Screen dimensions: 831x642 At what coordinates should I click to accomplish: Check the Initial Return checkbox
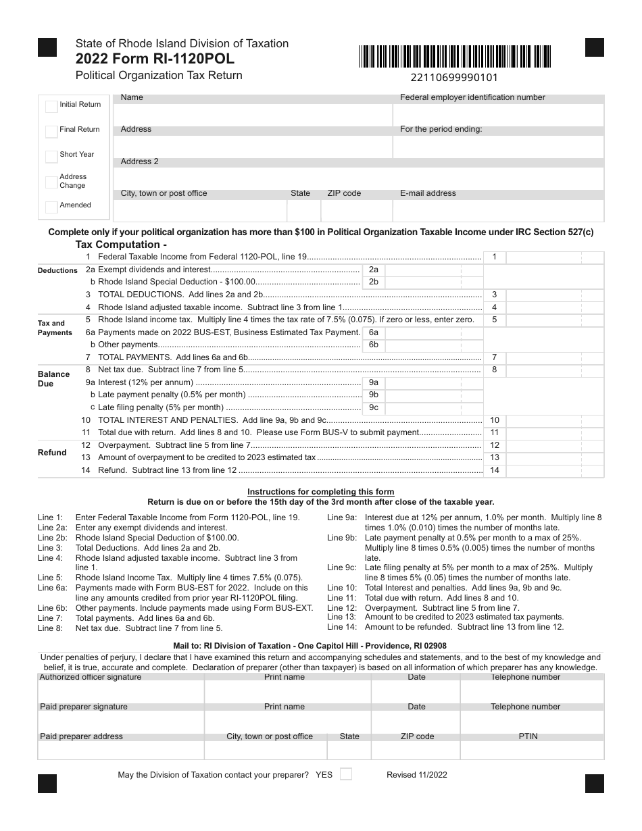coord(51,106)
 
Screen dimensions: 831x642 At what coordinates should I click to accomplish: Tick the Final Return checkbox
coord(51,131)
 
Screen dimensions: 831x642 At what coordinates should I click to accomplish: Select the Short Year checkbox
coord(51,156)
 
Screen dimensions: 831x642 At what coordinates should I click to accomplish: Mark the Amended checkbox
coord(51,207)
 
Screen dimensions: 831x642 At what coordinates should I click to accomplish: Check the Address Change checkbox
coord(51,182)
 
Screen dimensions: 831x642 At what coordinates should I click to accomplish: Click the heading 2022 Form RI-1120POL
coord(155,59)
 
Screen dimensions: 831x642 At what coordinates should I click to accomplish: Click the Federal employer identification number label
coord(472,97)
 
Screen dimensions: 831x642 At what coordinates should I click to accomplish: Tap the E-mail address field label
coord(428,193)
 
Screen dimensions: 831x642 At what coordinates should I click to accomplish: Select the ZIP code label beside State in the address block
coord(344,193)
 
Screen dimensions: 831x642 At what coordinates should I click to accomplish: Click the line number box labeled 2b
coord(373,282)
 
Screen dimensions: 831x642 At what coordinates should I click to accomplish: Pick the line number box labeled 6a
coord(373,332)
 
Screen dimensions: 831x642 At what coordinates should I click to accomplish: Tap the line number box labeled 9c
coord(373,407)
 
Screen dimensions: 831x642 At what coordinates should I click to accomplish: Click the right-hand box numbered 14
coord(494,470)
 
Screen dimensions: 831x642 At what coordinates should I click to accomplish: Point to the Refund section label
coord(52,453)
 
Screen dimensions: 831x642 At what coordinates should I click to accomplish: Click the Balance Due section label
coord(53,379)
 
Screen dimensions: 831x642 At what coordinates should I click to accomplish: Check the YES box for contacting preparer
coord(345,774)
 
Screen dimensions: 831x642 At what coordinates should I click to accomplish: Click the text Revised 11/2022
coord(416,775)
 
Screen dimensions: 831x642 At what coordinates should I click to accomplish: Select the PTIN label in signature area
coord(528,736)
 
